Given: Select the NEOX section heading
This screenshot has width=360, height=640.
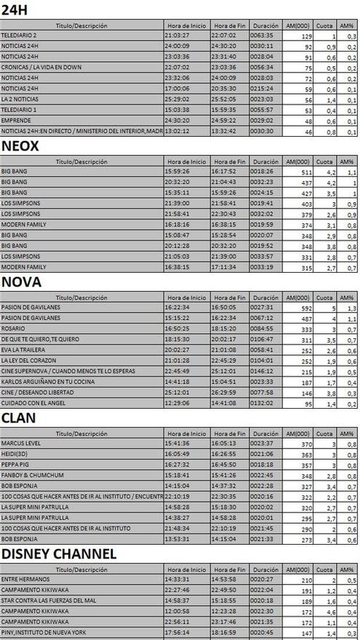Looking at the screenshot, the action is [x=20, y=145].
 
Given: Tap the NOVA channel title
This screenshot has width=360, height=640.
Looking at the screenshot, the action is [x=21, y=281].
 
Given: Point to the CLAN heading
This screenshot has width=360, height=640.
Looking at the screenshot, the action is [x=20, y=417].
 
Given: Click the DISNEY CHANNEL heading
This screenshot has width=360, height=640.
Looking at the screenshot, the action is [x=58, y=553].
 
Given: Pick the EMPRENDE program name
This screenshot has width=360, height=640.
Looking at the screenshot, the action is [x=16, y=120].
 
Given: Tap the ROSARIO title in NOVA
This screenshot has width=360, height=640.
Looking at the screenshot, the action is [x=14, y=328].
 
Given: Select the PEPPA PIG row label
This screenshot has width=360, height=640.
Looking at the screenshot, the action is [x=16, y=464].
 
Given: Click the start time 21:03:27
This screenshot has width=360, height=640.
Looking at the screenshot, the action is [x=177, y=35].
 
